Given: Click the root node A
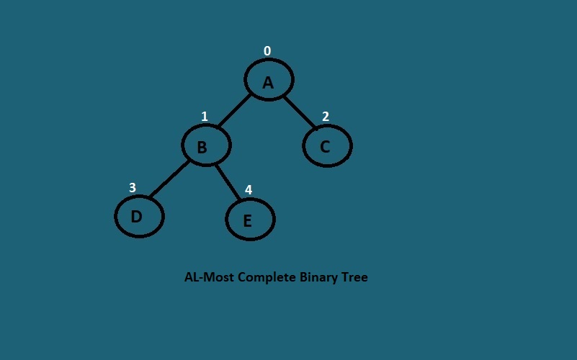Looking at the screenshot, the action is [269, 79].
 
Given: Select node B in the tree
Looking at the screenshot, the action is [206, 145].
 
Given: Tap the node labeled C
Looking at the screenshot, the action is [327, 145].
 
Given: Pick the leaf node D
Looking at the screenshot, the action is [140, 216].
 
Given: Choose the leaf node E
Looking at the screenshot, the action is [250, 219].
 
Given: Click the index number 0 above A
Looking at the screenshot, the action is [267, 51].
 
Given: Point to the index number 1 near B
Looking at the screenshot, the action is [205, 117].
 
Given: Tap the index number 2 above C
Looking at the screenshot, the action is [326, 117].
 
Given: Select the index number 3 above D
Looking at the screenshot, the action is [133, 188].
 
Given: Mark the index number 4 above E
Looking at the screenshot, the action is [249, 190].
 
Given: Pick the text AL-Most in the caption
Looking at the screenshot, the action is [209, 277].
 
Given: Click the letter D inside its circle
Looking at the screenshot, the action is [136, 216].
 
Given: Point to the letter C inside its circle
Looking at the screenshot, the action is [325, 146].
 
